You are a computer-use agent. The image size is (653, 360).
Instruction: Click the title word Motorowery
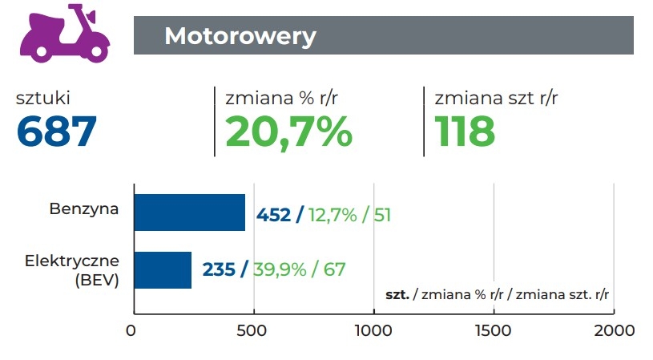240,36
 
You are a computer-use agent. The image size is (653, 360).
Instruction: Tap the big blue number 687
57,131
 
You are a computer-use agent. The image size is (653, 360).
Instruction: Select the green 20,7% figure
288,131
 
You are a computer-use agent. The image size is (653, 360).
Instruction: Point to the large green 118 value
465,131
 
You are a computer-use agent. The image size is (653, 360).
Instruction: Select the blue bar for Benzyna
189,212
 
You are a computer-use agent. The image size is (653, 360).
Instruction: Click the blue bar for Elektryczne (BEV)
163,269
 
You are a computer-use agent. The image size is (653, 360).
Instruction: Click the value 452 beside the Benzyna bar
273,215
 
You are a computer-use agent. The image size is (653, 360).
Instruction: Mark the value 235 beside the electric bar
219,269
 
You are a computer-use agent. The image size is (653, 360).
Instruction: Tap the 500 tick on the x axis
253,330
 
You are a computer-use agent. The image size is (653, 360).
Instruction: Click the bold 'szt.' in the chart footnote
397,294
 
